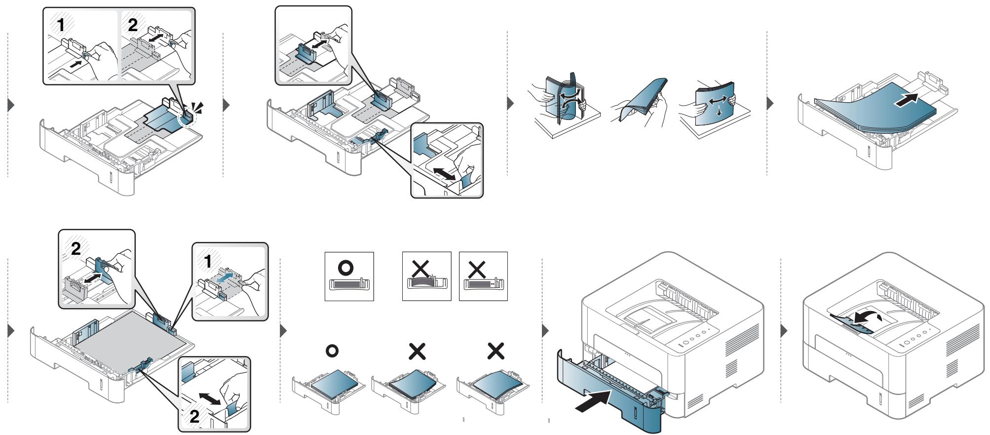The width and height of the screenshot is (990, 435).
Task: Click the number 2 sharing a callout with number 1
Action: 132,26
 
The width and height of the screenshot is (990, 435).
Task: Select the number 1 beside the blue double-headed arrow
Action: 208,262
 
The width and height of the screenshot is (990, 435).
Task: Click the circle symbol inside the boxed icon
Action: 348,267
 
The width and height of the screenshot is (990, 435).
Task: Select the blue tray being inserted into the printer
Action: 611,390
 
